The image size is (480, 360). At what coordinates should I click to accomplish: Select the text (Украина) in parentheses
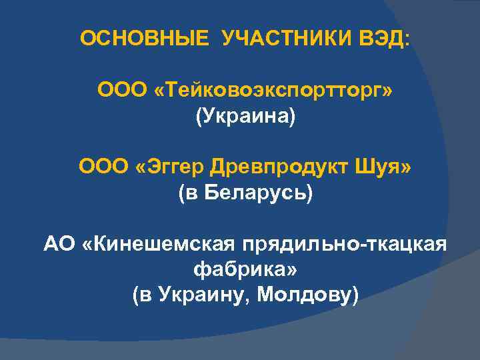click(245, 117)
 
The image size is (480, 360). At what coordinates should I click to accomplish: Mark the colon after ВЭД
click(407, 39)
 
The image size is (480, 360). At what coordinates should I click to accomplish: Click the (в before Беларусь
click(189, 194)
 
